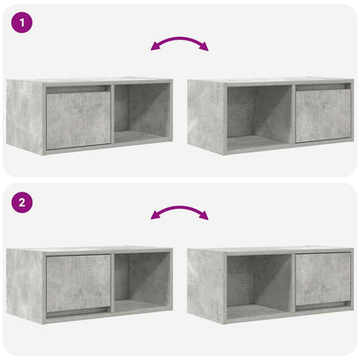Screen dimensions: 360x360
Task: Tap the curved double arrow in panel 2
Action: pos(180,212)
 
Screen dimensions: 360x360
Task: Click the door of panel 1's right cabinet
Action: pos(322,114)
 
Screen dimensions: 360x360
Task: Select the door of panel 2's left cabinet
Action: pos(78,283)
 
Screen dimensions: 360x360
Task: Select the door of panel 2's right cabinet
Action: pos(322,281)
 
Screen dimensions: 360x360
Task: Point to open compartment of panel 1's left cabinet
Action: pos(142,114)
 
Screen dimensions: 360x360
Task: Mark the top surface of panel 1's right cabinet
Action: pos(270,81)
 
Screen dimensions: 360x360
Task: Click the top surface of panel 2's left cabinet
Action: pos(90,249)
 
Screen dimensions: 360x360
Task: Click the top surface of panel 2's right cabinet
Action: pos(270,249)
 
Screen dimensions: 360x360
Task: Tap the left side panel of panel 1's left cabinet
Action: pos(23,117)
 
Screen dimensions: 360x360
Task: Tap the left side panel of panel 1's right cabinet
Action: pos(205,117)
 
